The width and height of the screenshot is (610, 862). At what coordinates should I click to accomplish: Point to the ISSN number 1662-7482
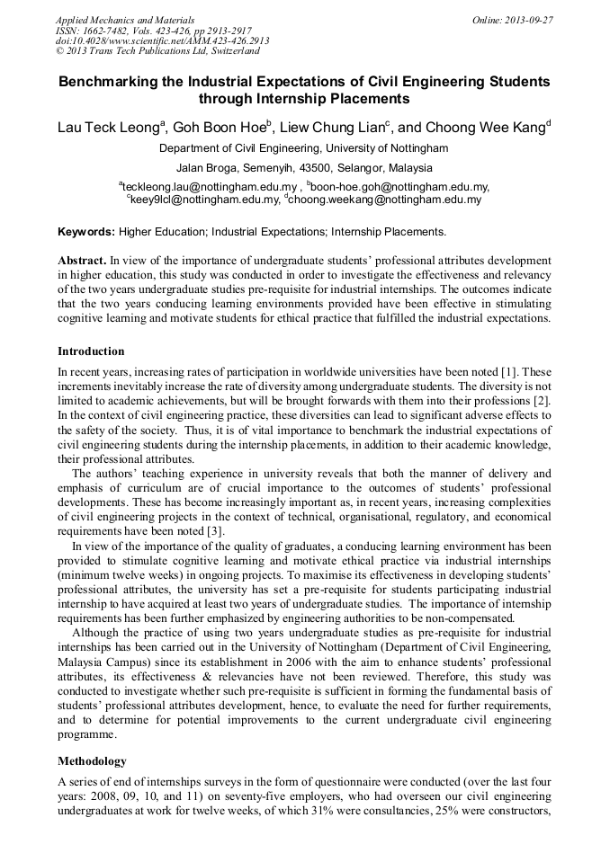114,31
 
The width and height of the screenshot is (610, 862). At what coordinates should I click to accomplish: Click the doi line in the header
162,41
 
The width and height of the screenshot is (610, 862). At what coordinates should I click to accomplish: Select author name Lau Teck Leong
108,128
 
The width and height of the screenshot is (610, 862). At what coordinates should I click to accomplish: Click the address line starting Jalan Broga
304,168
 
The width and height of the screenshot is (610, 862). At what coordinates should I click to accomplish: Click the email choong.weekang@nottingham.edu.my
385,200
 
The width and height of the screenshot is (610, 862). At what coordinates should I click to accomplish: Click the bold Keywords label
86,232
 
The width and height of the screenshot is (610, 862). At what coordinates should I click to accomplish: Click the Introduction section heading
91,351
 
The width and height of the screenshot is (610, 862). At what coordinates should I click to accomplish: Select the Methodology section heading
93,761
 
